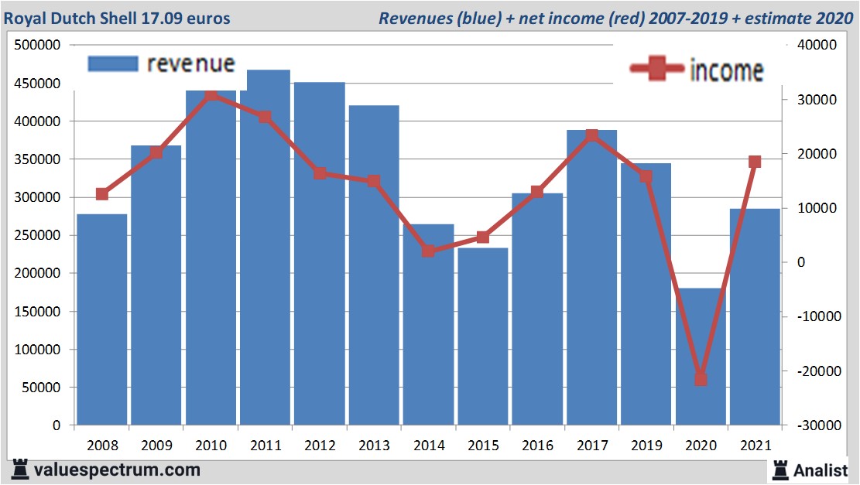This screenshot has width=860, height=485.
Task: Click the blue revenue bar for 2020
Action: (x=701, y=356)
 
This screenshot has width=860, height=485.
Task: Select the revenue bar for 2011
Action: (x=265, y=248)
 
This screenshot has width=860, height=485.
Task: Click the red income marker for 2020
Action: (x=701, y=378)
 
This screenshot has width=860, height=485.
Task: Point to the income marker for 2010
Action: (x=211, y=95)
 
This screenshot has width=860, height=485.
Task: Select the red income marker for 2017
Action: (x=592, y=135)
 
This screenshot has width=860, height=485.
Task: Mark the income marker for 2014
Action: (x=428, y=251)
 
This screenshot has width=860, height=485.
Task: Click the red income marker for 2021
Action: (x=755, y=162)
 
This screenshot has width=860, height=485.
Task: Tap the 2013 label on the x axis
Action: (x=374, y=446)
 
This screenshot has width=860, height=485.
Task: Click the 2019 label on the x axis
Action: (x=646, y=446)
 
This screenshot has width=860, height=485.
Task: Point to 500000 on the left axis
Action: (x=38, y=46)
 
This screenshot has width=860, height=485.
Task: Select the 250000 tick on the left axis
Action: (x=38, y=235)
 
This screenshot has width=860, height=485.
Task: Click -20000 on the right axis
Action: (x=809, y=371)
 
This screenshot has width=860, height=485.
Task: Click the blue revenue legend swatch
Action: (x=112, y=63)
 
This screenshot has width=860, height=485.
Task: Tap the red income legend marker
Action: (x=657, y=70)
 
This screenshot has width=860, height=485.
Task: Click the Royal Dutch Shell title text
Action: (x=118, y=18)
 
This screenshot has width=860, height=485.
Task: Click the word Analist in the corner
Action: (x=820, y=470)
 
